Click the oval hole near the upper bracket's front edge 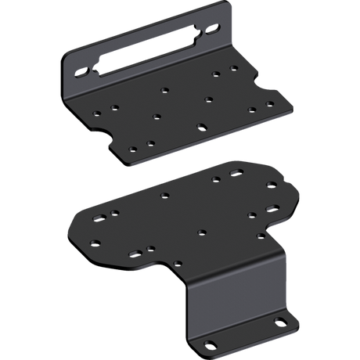[x=202, y=125]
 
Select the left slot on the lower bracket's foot [x=211, y=344]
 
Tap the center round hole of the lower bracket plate [x=202, y=232]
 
